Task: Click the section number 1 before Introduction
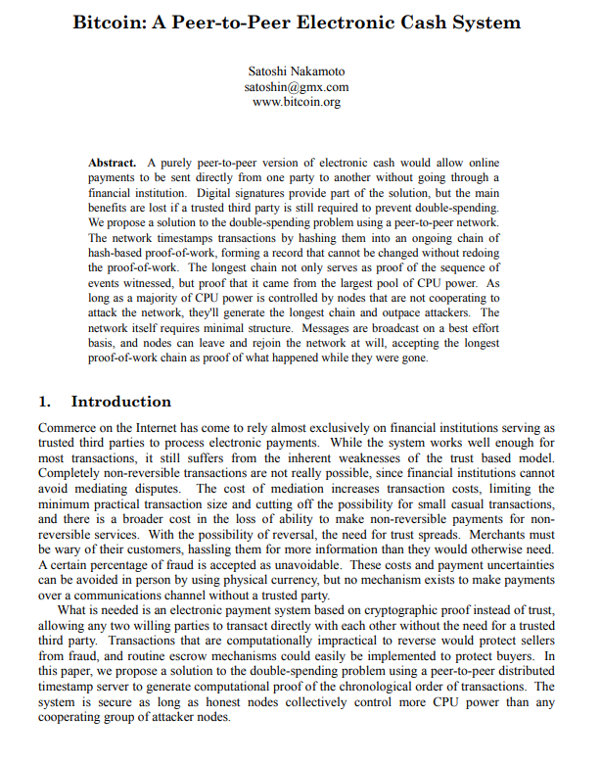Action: pyautogui.click(x=43, y=402)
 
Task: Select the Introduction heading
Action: pyautogui.click(x=120, y=402)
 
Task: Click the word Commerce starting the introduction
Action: pyautogui.click(x=68, y=428)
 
